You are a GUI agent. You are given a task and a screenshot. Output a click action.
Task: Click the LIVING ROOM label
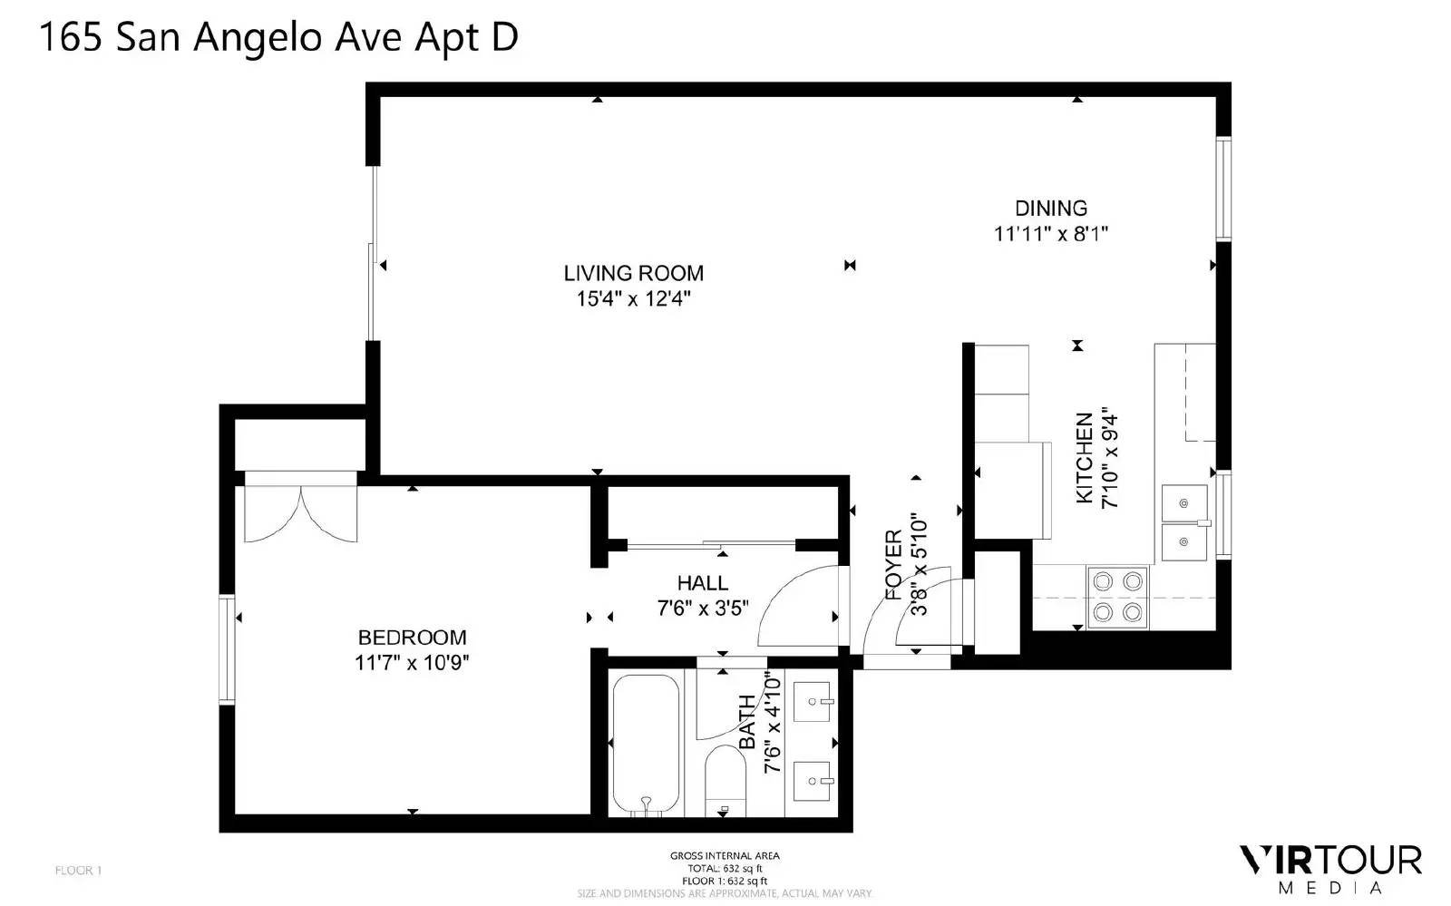point(634,273)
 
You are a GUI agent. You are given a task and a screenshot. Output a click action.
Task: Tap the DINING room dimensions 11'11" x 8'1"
point(1051,233)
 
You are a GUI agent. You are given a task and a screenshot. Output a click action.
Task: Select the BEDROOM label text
point(412,638)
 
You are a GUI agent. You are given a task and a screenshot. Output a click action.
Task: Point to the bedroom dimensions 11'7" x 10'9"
point(412,663)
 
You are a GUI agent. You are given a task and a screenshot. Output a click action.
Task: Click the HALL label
point(703,583)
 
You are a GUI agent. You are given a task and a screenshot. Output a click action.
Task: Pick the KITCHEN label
point(1085,458)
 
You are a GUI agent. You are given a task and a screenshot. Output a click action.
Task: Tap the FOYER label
point(893,565)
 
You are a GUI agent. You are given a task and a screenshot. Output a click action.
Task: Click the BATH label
point(747,721)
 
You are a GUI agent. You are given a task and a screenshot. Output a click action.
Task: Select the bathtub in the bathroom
point(646,745)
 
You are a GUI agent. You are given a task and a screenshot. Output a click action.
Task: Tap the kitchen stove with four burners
point(1117,597)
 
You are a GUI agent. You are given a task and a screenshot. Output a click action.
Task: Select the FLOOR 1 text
point(78,871)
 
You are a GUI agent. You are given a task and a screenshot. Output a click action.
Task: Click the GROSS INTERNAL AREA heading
point(725,856)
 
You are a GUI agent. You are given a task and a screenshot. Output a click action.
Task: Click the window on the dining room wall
point(1223,189)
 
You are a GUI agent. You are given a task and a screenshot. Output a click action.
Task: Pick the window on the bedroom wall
point(227,648)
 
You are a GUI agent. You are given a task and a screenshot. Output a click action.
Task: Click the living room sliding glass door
point(373,253)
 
